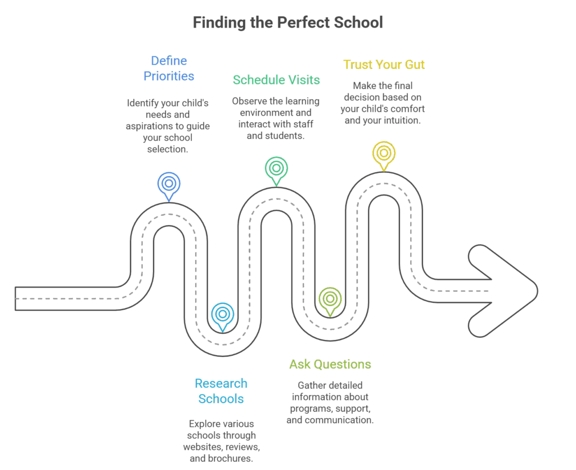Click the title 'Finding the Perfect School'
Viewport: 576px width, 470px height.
pos(287,23)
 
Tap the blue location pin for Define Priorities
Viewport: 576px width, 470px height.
pos(169,184)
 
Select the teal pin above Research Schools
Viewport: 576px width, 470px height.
pos(223,315)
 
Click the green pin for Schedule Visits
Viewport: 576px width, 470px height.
pos(276,168)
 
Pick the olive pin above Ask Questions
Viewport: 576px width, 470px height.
pos(329,299)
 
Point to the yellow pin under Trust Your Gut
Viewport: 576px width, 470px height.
pos(384,154)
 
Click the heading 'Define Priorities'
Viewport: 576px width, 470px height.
pos(169,68)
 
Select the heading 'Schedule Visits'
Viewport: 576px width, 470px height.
pos(276,79)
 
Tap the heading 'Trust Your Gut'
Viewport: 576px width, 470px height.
pos(384,64)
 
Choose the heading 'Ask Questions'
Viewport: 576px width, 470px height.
pos(330,364)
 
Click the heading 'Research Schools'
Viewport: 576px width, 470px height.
pos(220,391)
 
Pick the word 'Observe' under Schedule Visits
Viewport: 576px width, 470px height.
pos(249,101)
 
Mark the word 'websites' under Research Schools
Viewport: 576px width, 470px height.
pos(201,447)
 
